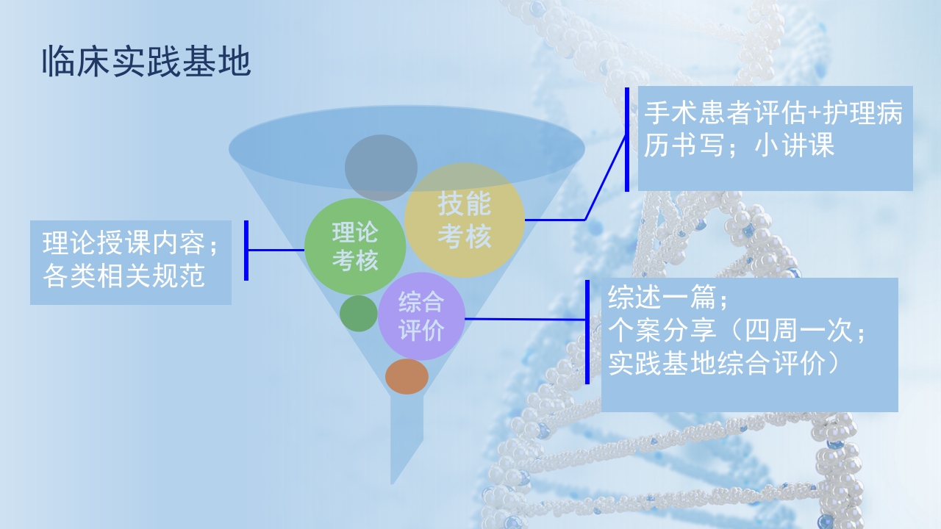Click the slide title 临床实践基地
click(146, 63)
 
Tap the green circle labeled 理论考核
click(355, 246)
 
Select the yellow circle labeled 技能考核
click(464, 220)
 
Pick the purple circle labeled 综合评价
click(421, 317)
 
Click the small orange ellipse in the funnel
click(407, 376)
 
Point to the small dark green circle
click(358, 313)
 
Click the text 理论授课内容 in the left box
click(123, 244)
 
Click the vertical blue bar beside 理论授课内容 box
click(246, 250)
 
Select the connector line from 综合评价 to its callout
click(526, 319)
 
